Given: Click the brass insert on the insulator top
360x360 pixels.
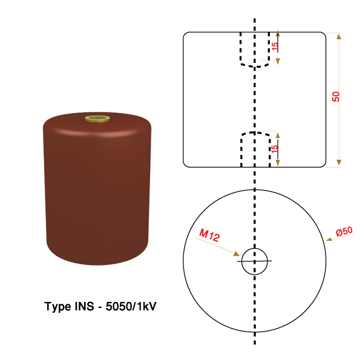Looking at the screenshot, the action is (x=97, y=119).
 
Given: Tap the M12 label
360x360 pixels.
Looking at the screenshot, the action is (x=209, y=235).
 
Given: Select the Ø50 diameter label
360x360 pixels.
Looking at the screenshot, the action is (x=344, y=231).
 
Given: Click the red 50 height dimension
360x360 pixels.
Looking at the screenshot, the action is (x=336, y=97).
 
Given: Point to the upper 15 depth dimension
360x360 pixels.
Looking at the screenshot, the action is (x=275, y=46).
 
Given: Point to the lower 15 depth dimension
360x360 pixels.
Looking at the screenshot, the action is (x=274, y=149).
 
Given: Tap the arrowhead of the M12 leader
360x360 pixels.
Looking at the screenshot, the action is (x=237, y=254).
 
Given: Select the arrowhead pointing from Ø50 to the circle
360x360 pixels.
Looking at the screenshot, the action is (x=329, y=240).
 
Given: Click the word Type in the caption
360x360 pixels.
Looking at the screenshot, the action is (x=57, y=307).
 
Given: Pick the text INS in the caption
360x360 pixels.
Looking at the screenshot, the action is (x=84, y=306).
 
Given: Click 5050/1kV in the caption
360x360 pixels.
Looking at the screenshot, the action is (x=131, y=306).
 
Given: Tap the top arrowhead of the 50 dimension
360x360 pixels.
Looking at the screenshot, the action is (x=339, y=36).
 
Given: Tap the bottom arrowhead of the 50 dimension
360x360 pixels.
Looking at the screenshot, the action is (x=339, y=163).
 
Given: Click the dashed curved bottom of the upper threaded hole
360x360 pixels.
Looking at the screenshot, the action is (x=255, y=66).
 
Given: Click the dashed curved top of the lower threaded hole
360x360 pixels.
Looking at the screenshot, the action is (x=255, y=133).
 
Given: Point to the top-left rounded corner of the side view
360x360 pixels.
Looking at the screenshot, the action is (x=185, y=34).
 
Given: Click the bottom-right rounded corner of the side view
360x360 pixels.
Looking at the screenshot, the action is (x=324, y=165).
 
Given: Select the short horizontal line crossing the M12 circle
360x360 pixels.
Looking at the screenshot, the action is (x=254, y=261).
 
